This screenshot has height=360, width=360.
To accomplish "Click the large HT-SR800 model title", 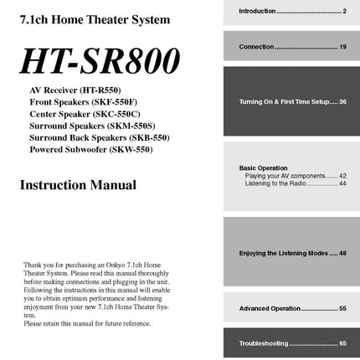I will pyautogui.click(x=100, y=60).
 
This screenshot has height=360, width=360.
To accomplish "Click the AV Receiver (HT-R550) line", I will pyautogui.click(x=75, y=88).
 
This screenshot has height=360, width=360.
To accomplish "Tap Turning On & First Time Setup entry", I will pyautogui.click(x=292, y=101).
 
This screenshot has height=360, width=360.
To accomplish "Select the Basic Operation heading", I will pyautogui.click(x=263, y=167).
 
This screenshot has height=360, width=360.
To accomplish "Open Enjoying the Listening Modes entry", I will pyautogui.click(x=292, y=253).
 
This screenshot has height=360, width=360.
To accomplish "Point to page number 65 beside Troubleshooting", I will pyautogui.click(x=342, y=343).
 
